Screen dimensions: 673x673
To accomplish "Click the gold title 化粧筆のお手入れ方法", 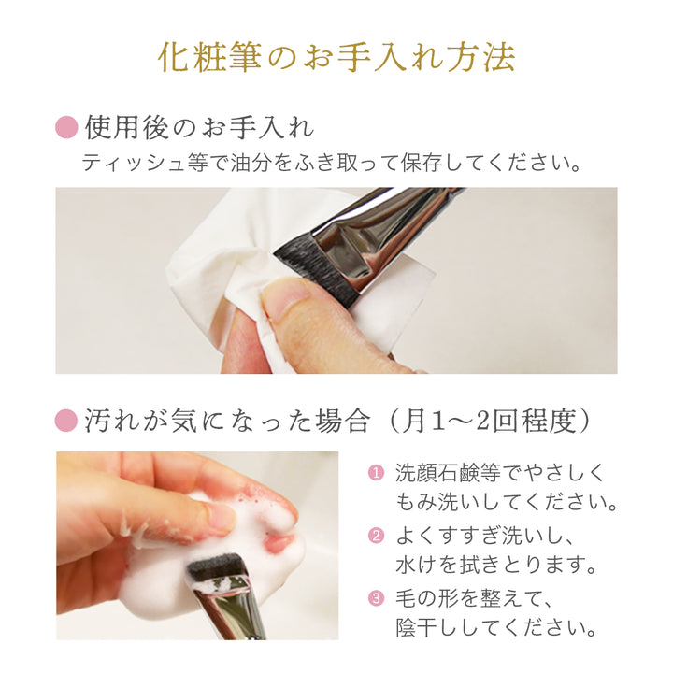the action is [x=336, y=57].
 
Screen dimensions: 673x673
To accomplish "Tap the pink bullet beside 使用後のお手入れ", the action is [x=66, y=127].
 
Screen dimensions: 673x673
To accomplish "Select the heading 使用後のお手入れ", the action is [x=199, y=127].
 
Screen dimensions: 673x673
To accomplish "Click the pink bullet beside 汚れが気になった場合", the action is [x=66, y=421].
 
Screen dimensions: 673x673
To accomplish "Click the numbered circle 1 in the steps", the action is [x=376, y=473].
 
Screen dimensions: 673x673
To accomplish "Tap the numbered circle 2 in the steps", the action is [x=376, y=536].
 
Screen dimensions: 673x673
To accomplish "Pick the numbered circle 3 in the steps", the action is [x=376, y=598].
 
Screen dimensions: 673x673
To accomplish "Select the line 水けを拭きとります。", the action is [x=495, y=565].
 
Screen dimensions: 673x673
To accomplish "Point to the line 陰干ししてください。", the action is [x=495, y=627].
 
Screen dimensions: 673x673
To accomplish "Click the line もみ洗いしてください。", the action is [x=507, y=502].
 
